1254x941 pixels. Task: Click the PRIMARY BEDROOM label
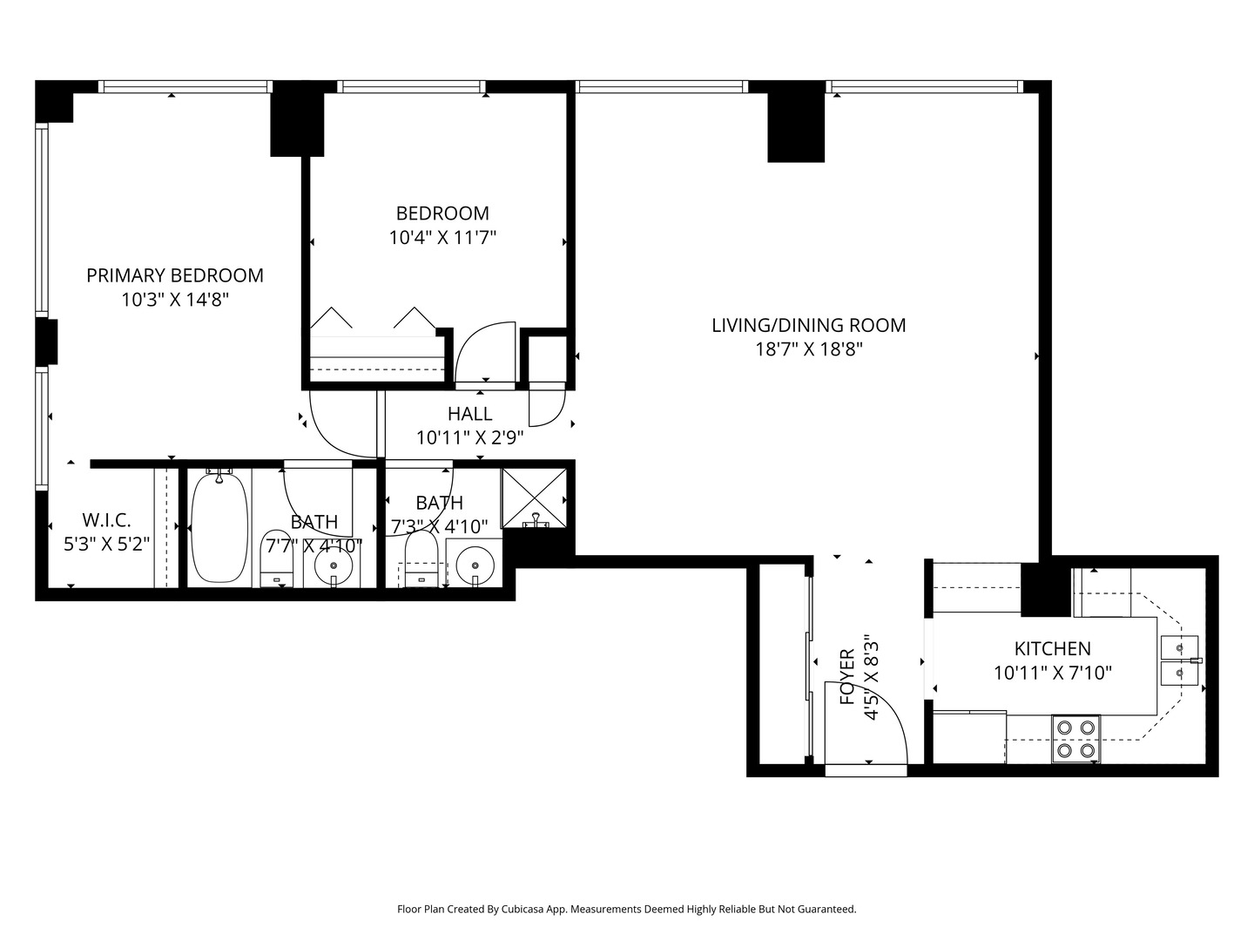(x=174, y=276)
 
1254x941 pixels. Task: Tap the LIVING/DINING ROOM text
(x=808, y=326)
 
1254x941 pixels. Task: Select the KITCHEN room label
(x=1052, y=649)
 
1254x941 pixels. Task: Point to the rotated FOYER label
(x=846, y=677)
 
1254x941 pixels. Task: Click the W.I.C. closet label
(x=106, y=521)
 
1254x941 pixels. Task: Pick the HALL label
(x=469, y=414)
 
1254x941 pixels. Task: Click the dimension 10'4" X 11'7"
(x=442, y=237)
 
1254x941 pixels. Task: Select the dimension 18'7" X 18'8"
(x=808, y=350)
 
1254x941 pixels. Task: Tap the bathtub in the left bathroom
(x=219, y=526)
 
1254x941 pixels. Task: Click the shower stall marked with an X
(x=534, y=498)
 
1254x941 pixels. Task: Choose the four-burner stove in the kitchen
(x=1075, y=739)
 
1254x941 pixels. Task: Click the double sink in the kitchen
(x=1180, y=661)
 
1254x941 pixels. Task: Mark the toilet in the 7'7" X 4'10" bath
(x=277, y=559)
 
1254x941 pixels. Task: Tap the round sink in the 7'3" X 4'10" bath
(x=475, y=564)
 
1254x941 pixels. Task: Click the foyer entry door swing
(x=866, y=723)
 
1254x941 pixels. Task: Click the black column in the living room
(x=795, y=127)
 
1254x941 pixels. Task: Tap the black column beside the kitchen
(x=1043, y=590)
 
